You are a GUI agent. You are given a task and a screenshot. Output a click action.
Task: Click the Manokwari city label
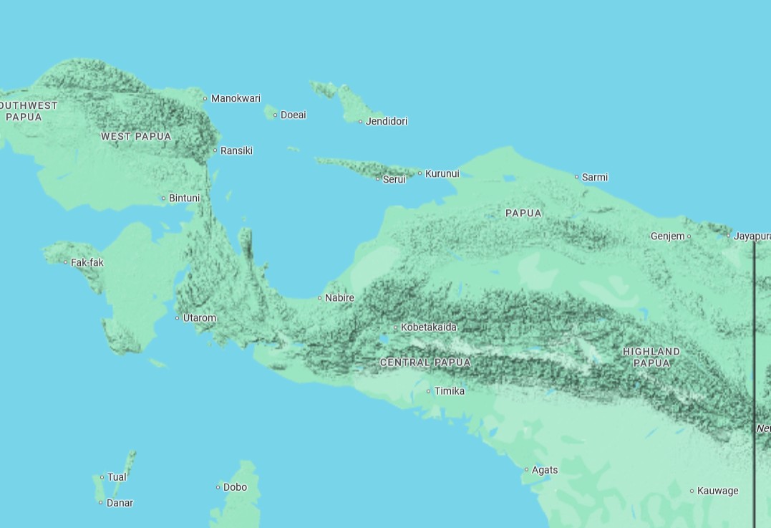coord(236,98)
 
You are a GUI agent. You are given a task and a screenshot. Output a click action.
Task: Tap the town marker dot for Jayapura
coord(729,236)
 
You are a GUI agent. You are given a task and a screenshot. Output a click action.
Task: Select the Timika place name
coord(450,391)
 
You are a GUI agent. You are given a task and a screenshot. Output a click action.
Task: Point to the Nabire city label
coord(339,298)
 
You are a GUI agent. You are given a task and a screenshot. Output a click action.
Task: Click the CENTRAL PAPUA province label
coord(425,363)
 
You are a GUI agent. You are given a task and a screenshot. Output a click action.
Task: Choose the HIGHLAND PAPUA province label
coord(651,357)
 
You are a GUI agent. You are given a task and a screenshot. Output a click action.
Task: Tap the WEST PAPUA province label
coord(136,136)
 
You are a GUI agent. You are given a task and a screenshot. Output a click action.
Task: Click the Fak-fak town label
coord(87,263)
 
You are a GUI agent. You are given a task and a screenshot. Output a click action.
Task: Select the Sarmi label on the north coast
coord(595,177)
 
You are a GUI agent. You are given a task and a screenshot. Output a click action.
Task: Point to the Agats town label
coord(545,470)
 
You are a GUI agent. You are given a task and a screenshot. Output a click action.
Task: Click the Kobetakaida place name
coord(429,327)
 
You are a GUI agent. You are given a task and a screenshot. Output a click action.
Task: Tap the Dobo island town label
coord(235,487)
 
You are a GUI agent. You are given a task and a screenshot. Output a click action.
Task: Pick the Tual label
coord(117,477)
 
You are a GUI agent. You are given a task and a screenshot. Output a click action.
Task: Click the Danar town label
coord(120,503)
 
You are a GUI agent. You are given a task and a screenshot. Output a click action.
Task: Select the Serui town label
coord(394,179)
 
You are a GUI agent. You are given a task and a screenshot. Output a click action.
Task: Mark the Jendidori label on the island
coord(387,121)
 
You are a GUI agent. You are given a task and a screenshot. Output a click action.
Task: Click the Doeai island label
coord(293,115)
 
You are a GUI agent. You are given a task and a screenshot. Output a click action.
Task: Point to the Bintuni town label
coord(184,198)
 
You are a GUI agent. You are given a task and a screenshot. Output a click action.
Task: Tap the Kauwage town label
coord(717,491)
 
